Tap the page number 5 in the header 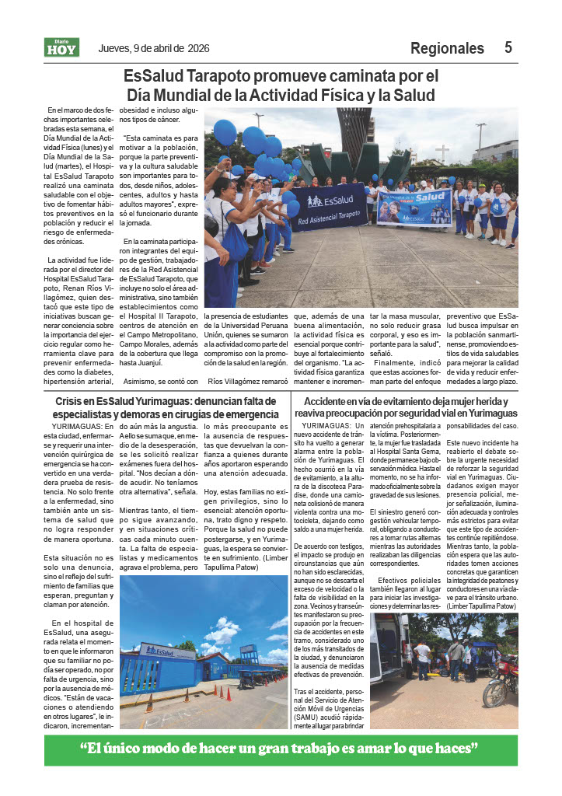[x=508, y=47]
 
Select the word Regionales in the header [x=447, y=48]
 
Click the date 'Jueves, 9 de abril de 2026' [x=155, y=48]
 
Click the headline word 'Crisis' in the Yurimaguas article [x=72, y=400]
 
